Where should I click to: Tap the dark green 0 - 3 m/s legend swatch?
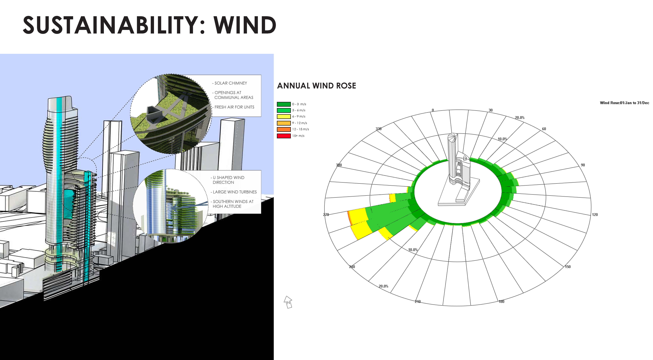(284, 104)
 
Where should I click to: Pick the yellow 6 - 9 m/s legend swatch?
(284, 117)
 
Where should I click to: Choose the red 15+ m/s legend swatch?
(284, 136)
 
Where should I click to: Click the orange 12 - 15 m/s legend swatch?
(284, 129)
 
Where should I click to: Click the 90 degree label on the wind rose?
(583, 165)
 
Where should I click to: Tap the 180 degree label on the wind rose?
(501, 301)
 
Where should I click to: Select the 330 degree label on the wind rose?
(378, 129)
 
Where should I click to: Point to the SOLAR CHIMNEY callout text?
(230, 83)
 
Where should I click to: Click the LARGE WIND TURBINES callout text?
(234, 192)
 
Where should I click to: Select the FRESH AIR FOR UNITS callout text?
(233, 107)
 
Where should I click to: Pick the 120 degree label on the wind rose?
(595, 215)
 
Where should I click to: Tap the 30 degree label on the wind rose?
(491, 110)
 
